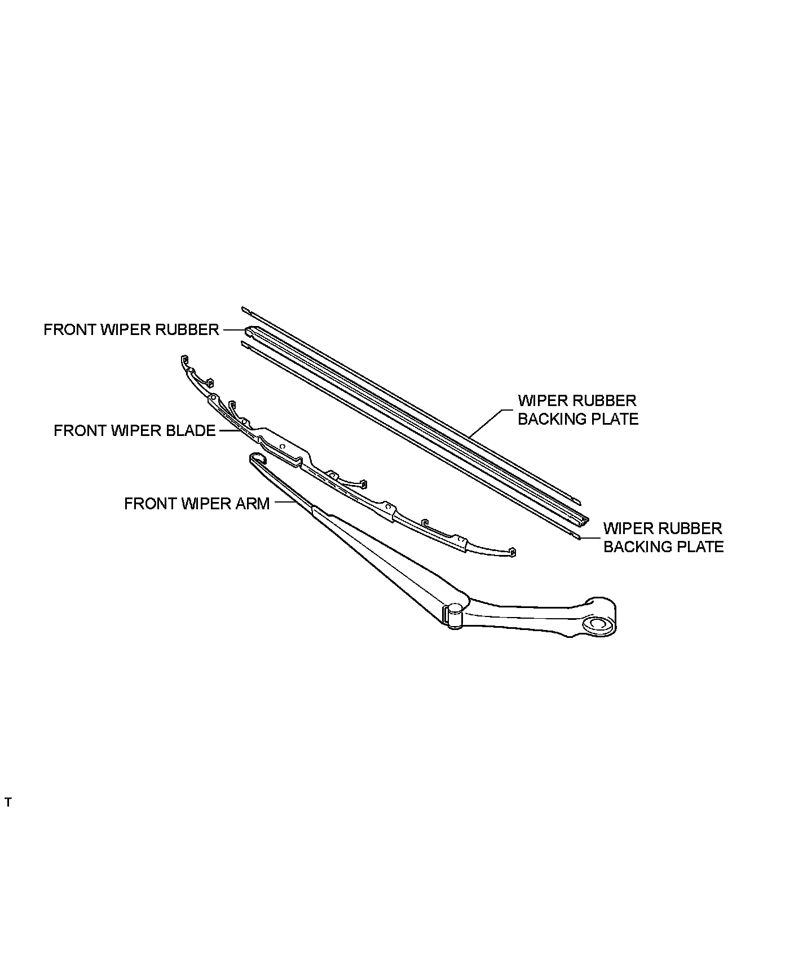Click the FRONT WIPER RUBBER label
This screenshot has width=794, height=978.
[131, 329]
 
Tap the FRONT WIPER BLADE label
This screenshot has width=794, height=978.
[134, 431]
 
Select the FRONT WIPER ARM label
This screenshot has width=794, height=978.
[196, 504]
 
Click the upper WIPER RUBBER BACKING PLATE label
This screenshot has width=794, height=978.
[577, 410]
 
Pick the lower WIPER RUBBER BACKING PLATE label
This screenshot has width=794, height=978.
[663, 538]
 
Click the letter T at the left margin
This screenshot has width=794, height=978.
[8, 803]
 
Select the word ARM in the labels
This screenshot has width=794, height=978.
[253, 504]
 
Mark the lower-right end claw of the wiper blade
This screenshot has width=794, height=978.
[512, 552]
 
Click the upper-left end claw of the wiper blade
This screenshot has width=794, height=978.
[184, 359]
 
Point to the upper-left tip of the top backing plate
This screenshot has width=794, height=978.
[244, 309]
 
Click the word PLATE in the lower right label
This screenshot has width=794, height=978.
[698, 547]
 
